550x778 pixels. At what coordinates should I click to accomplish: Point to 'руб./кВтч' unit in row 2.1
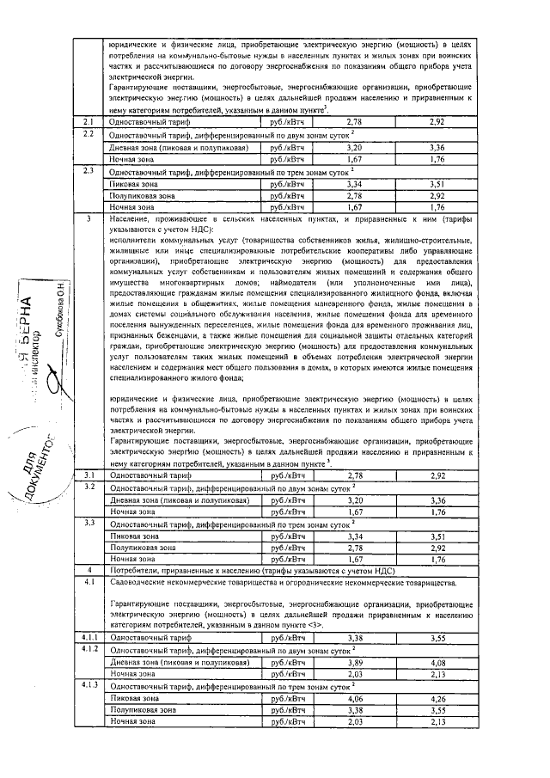tap(288, 124)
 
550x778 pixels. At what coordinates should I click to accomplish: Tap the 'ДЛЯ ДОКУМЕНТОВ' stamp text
tap(47, 469)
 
